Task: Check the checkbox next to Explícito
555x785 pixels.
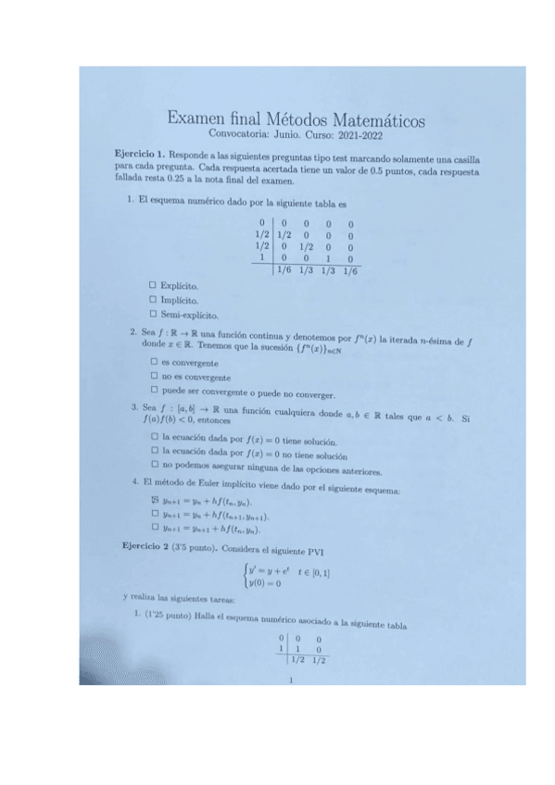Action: pyautogui.click(x=153, y=286)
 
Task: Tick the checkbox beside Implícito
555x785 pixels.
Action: pyautogui.click(x=153, y=301)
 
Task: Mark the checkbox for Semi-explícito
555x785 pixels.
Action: pyautogui.click(x=153, y=316)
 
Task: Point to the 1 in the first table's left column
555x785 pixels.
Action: pyautogui.click(x=263, y=258)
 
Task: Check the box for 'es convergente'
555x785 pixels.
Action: pyautogui.click(x=154, y=362)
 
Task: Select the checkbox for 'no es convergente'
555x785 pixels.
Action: pyautogui.click(x=154, y=377)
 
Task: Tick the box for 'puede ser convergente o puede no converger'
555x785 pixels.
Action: pyautogui.click(x=154, y=392)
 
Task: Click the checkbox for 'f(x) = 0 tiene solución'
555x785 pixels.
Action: pyautogui.click(x=154, y=437)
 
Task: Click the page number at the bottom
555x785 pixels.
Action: pyautogui.click(x=291, y=683)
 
